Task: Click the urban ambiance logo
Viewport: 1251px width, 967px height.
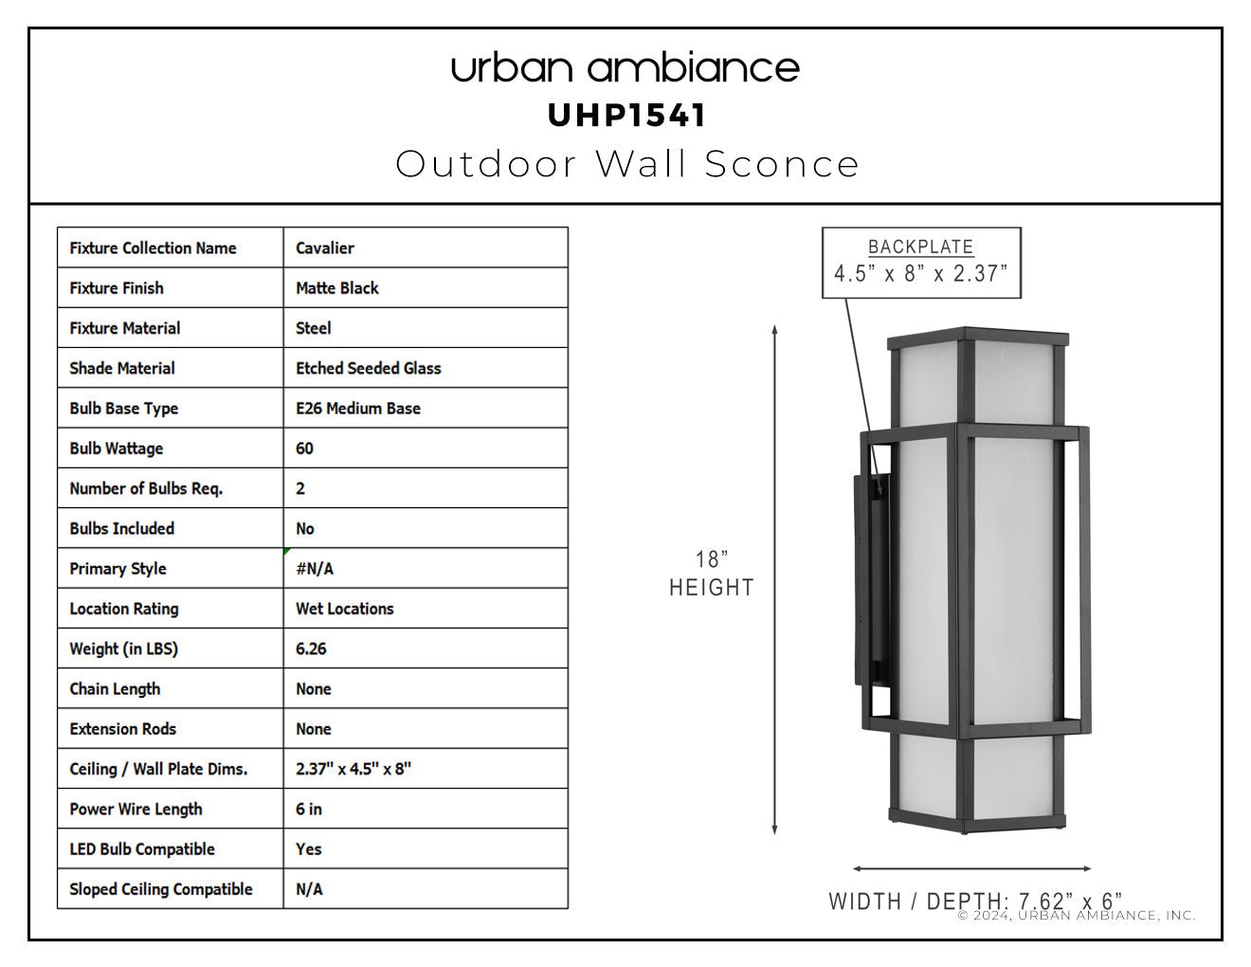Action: tap(625, 68)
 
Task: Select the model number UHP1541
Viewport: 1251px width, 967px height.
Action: tap(626, 116)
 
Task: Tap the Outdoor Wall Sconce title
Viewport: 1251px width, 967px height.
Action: tap(627, 164)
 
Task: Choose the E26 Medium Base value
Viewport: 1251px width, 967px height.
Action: tap(357, 409)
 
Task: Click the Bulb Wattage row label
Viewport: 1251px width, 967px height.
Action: tap(117, 448)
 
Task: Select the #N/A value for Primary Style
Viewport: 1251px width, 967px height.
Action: tap(315, 569)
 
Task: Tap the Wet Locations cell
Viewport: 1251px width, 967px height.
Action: tap(344, 609)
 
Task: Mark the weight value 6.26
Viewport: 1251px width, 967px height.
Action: tap(311, 649)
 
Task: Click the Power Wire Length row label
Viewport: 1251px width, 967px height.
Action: tap(136, 810)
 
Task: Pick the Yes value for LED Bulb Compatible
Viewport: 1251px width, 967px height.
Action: tap(309, 848)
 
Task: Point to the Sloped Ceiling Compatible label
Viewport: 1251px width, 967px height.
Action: tap(161, 889)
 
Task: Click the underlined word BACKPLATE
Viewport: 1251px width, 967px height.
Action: tap(920, 247)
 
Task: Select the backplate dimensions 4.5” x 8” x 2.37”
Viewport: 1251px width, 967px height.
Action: tap(921, 274)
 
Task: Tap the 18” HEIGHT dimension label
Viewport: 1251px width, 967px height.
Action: tap(712, 574)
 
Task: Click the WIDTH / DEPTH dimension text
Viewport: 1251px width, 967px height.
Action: tap(975, 902)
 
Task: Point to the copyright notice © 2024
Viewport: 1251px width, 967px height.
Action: tap(1077, 916)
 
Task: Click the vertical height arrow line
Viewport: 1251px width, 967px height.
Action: tap(775, 579)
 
